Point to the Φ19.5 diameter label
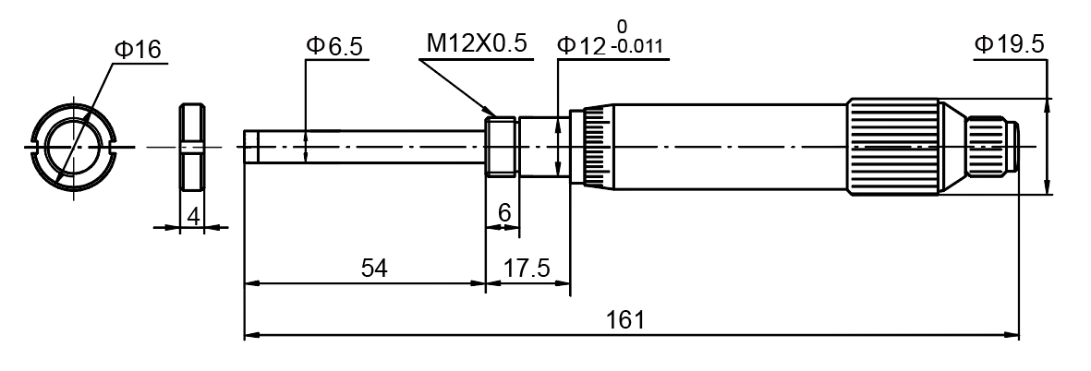coord(1008,44)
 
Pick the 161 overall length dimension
coord(624,320)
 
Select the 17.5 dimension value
coord(527,268)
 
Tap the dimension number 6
coord(503,212)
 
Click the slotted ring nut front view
coord(73,146)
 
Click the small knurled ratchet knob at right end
coord(989,147)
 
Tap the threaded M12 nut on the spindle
coord(503,146)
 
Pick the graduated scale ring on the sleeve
coord(592,147)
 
